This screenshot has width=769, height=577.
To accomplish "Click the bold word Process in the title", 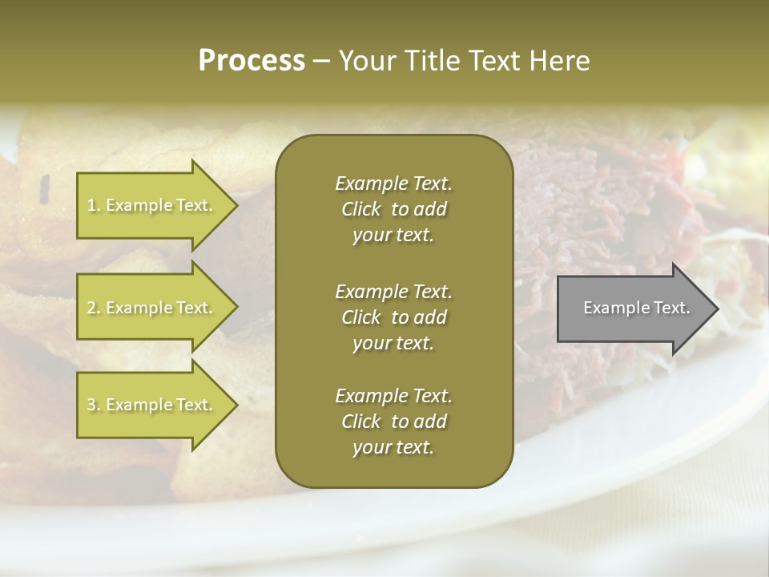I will (252, 61).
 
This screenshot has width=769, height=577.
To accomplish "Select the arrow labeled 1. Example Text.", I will (152, 205).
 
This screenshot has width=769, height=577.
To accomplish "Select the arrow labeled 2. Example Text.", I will (152, 308).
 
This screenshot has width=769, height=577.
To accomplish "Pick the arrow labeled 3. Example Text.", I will (152, 405).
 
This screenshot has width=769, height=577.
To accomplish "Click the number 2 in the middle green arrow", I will (91, 308).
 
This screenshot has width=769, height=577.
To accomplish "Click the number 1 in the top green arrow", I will (91, 205).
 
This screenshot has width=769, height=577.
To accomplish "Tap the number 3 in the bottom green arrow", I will (91, 405).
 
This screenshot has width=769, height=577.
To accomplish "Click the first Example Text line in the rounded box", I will (393, 184).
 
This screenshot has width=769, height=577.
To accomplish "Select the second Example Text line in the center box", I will (393, 291).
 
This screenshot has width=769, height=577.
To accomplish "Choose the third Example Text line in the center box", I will (393, 396).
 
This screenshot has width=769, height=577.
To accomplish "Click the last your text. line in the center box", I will (393, 448).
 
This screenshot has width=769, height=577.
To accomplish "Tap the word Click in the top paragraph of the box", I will (361, 210).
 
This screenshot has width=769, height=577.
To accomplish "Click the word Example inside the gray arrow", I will (607, 308).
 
